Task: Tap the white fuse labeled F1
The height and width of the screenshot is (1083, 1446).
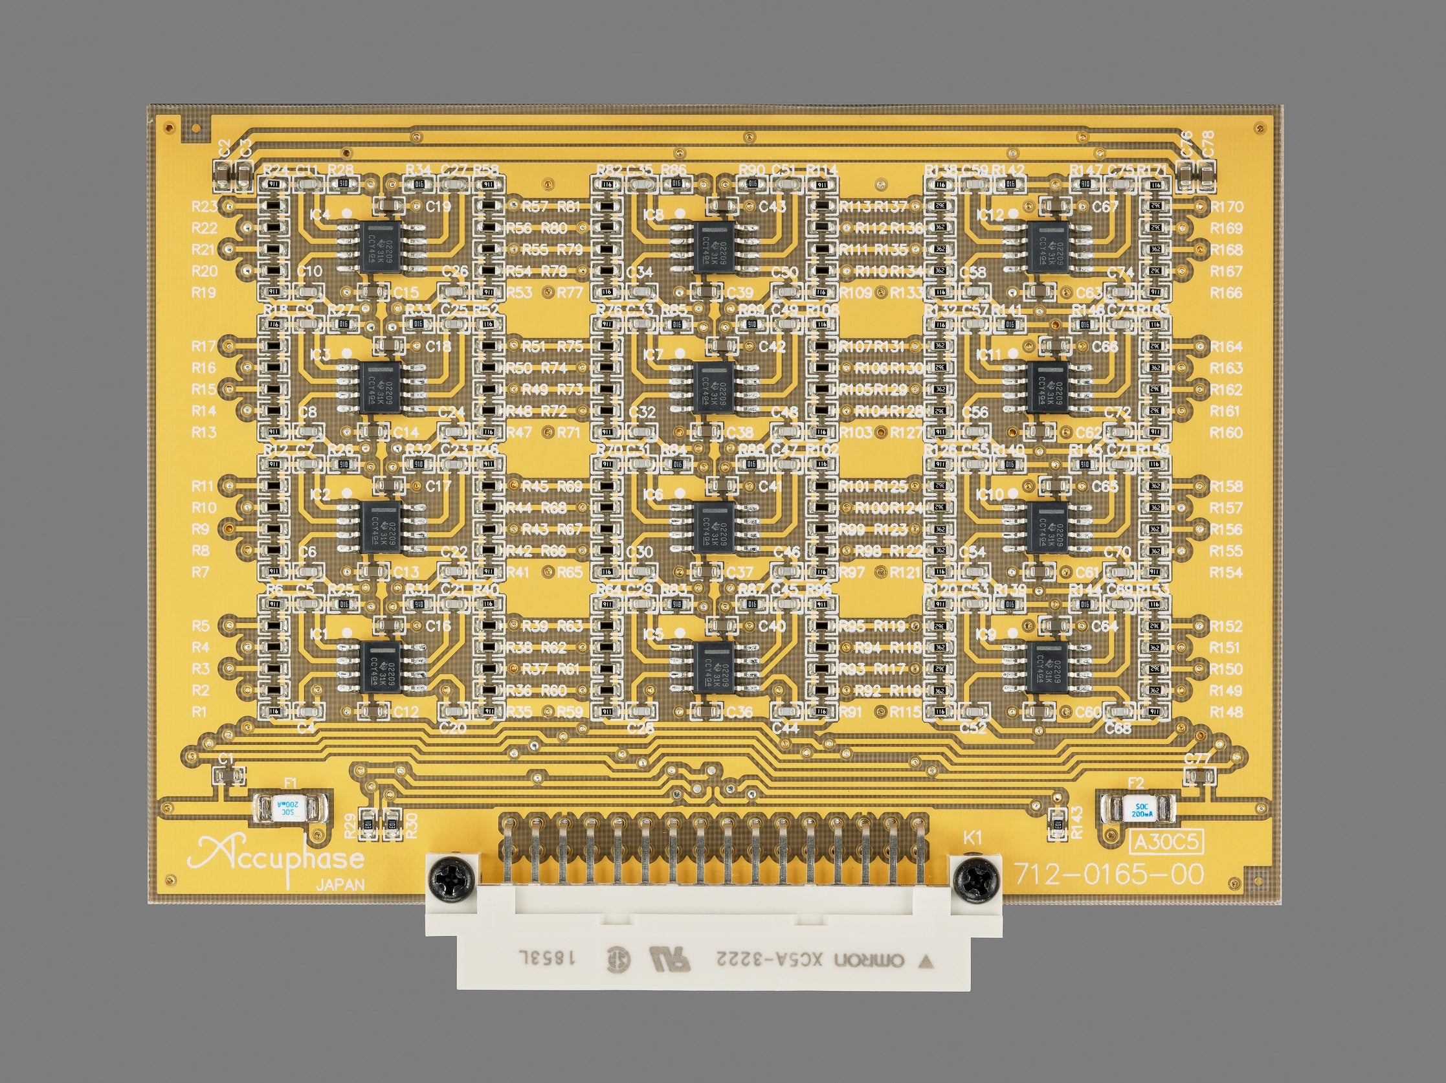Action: (x=288, y=809)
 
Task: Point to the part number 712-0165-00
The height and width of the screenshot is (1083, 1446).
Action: (x=1109, y=875)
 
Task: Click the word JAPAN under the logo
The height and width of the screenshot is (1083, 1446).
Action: (x=340, y=886)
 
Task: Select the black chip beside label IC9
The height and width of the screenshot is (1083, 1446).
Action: (x=1047, y=667)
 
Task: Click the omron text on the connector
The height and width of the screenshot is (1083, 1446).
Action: (x=869, y=961)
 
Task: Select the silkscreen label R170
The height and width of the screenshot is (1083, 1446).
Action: (x=1227, y=207)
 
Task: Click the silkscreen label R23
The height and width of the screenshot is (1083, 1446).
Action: (x=204, y=207)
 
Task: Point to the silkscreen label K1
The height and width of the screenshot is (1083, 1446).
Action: (x=973, y=838)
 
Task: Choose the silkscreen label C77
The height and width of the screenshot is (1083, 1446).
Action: (x=1197, y=759)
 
